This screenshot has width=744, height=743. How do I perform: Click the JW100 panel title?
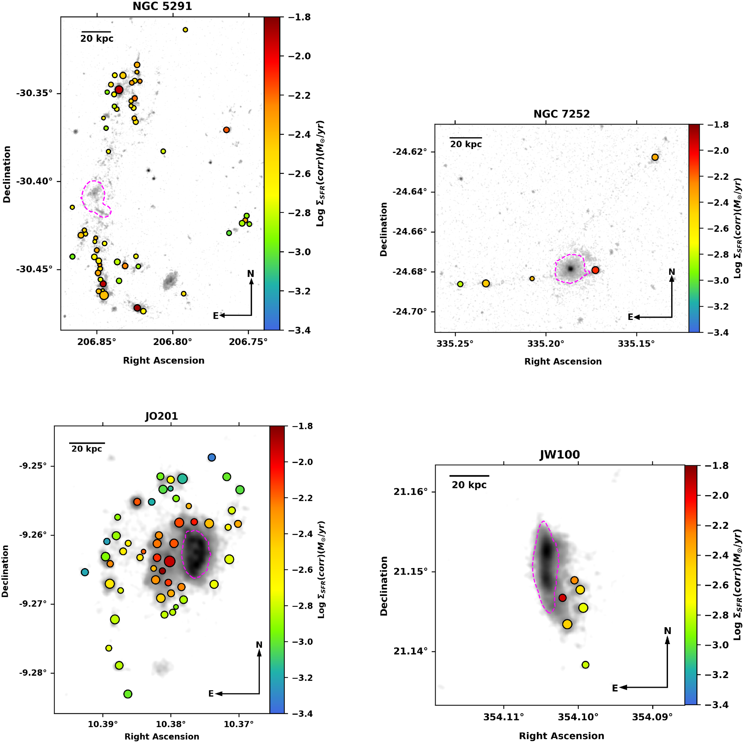click(x=559, y=455)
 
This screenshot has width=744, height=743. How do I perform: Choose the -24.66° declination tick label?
click(x=409, y=232)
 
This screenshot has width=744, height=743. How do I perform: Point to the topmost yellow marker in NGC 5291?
click(x=185, y=30)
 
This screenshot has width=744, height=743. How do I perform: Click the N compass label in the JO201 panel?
click(x=259, y=645)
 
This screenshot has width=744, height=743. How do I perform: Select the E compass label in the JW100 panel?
click(x=615, y=688)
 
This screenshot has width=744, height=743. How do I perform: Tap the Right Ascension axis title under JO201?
click(x=162, y=736)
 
